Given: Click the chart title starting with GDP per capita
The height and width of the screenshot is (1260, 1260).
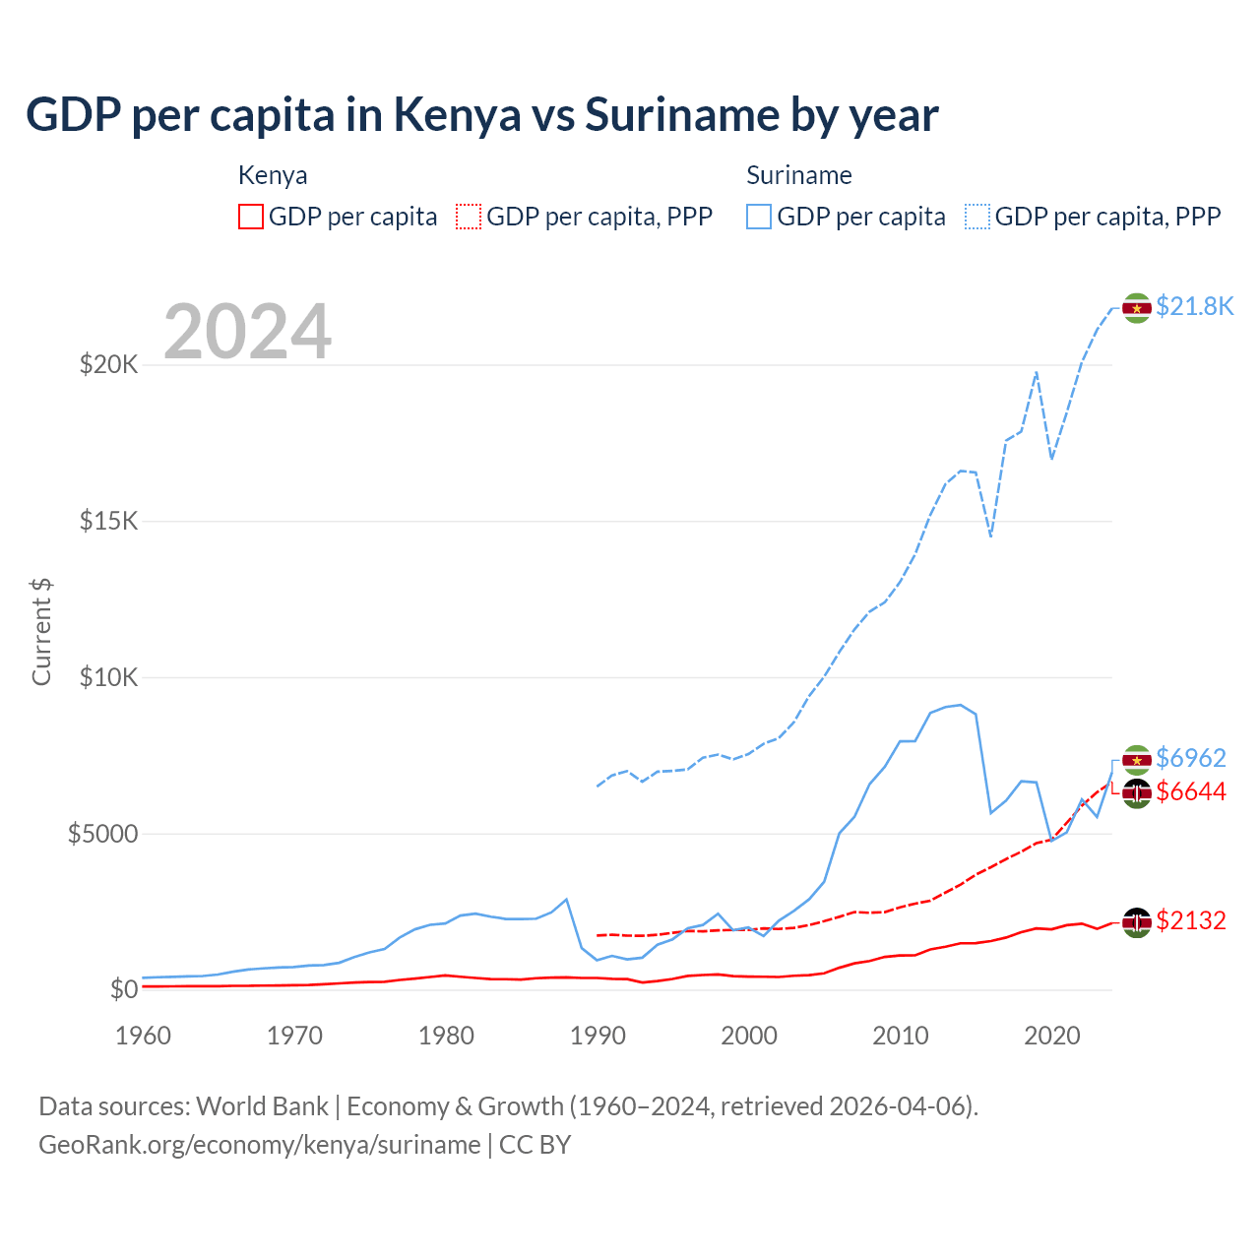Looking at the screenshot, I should click(x=481, y=115).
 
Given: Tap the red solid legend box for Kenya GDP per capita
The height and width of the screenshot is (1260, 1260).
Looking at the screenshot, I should click(x=251, y=217).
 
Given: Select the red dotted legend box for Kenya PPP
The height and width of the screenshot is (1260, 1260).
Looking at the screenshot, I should click(x=469, y=217).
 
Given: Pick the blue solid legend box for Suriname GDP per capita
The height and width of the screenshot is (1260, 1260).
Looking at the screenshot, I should click(x=759, y=217).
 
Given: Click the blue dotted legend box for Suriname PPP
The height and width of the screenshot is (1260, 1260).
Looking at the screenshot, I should click(x=977, y=217).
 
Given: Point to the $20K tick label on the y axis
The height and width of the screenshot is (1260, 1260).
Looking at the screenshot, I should click(x=108, y=365).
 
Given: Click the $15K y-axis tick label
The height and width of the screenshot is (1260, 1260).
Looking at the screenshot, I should click(x=108, y=521).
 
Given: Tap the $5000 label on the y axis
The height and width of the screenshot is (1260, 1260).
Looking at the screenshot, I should click(x=102, y=834).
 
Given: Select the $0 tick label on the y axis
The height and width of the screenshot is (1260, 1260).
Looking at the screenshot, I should click(x=123, y=989).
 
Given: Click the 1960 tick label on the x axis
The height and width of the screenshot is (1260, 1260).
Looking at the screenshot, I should click(x=144, y=1036).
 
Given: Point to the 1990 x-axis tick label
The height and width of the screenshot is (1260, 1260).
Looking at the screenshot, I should click(x=598, y=1036).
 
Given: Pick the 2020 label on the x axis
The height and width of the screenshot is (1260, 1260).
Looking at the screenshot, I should click(x=1052, y=1036).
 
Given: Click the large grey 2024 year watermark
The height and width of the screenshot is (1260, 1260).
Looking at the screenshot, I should click(x=247, y=332).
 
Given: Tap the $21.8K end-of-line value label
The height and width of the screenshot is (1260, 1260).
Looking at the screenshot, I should click(x=1194, y=307).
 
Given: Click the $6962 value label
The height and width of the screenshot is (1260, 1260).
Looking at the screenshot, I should click(x=1190, y=758).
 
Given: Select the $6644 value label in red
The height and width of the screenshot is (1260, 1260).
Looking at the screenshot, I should click(x=1190, y=791).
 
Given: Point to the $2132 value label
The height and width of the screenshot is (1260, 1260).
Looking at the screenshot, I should click(x=1190, y=920).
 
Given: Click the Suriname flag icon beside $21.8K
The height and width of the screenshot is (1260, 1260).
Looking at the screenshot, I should click(x=1137, y=308).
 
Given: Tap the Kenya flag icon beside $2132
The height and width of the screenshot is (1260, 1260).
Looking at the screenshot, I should click(x=1137, y=922).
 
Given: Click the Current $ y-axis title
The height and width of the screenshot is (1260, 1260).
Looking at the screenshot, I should click(x=41, y=631).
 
